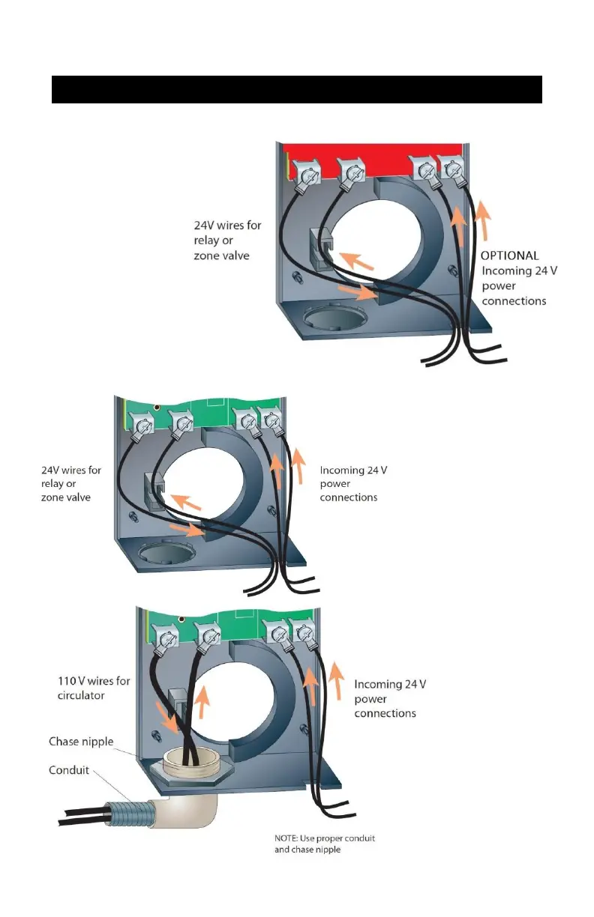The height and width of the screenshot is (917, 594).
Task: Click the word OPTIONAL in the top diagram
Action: (509, 255)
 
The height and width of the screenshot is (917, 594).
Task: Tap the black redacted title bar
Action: (296, 89)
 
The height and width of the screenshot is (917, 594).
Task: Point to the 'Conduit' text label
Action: (70, 769)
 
